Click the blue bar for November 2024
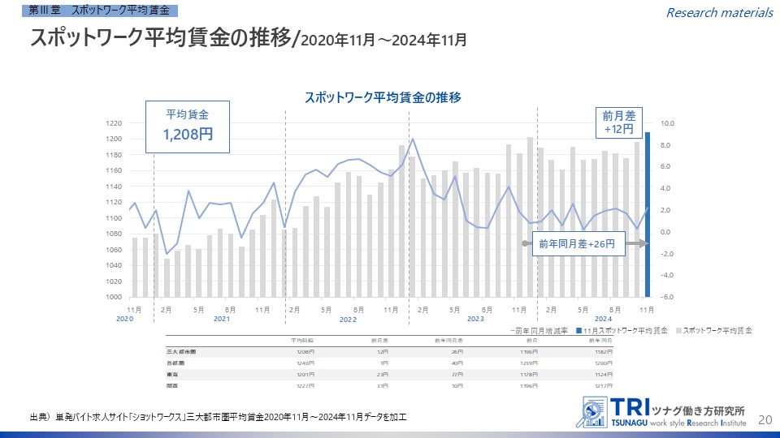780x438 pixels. pos(648,215)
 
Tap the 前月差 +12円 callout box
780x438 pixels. pos(618,122)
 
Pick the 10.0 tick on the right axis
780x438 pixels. pos(665,123)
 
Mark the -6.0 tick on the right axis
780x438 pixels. pos(665,297)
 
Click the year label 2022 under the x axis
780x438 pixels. pos(349,320)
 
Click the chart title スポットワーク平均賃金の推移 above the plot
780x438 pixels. pos(383,97)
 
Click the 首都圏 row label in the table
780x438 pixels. pos(175,363)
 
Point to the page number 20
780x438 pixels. pos(764,419)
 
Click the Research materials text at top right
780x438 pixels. pos(719,12)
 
